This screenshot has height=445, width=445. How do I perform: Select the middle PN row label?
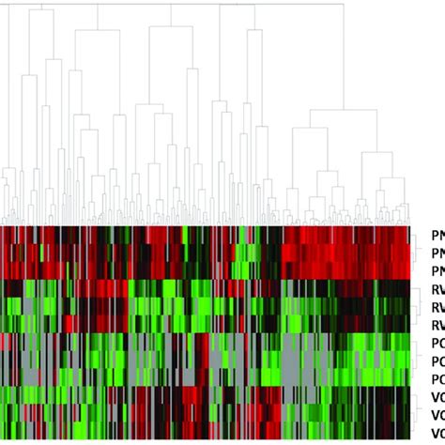tap(437, 253)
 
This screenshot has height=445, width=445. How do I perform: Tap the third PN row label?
tap(437, 270)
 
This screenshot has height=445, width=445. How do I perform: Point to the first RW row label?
tap(437, 289)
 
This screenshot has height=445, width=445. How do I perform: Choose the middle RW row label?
tap(437, 307)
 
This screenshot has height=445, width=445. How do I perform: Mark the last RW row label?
tap(437, 325)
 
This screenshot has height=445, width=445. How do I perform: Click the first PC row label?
tap(437, 343)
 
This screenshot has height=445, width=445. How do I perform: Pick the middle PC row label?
tap(437, 361)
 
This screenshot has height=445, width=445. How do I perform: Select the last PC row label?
tap(437, 378)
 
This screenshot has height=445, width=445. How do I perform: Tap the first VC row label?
tap(437, 397)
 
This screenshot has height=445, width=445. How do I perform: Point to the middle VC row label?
tap(437, 415)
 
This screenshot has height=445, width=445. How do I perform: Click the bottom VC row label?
tap(437, 432)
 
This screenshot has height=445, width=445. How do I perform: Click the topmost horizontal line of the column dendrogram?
tap(188, 5)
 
